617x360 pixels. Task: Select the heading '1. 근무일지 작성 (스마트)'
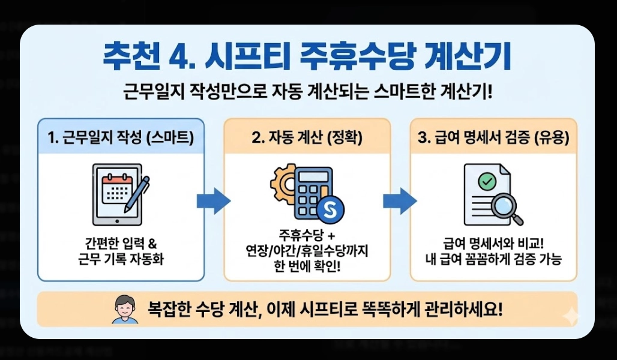121,137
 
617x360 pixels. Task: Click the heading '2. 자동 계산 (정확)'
307,137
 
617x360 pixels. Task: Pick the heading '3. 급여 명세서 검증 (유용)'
493,137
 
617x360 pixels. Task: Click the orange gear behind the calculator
283,180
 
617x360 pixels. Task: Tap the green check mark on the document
487,179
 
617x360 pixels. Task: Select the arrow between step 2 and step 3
400,200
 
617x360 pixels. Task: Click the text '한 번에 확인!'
307,265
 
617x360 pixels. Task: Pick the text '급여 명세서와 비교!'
493,244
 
